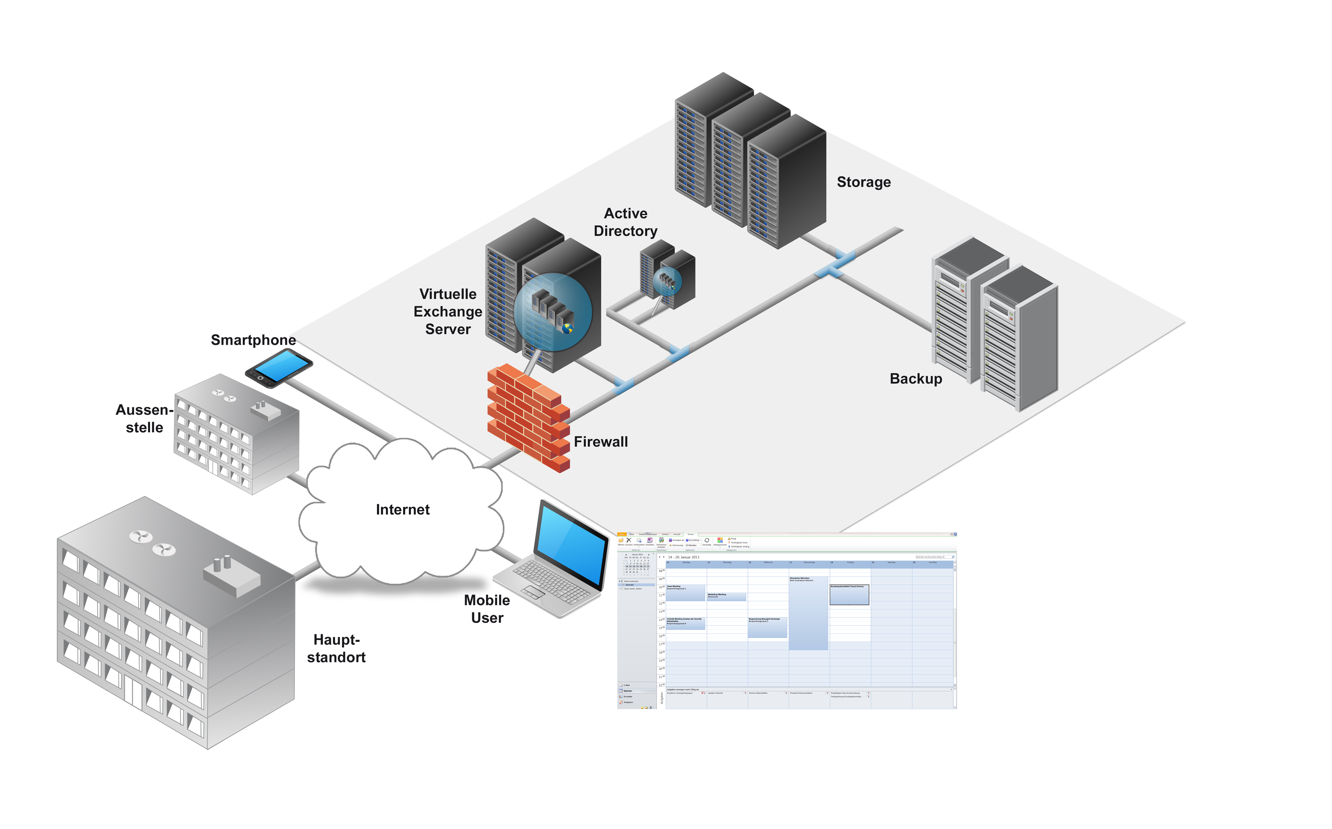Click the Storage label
pyautogui.click(x=863, y=182)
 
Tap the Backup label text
pyautogui.click(x=916, y=379)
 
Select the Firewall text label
pyautogui.click(x=600, y=442)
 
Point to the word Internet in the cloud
pyautogui.click(x=403, y=510)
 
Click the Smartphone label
pyautogui.click(x=253, y=340)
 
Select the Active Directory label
pyautogui.click(x=625, y=222)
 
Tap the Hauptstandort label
pyautogui.click(x=336, y=649)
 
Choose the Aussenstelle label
pyautogui.click(x=144, y=418)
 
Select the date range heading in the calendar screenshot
pyautogui.click(x=683, y=557)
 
